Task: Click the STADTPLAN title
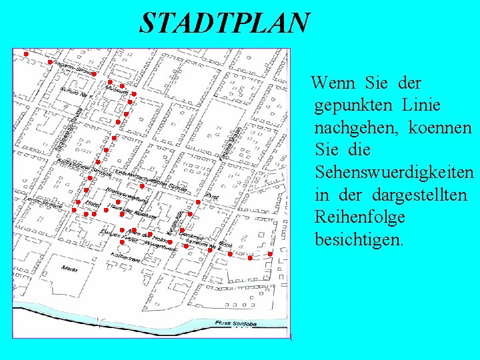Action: pyautogui.click(x=225, y=23)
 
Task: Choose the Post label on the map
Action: pyautogui.click(x=213, y=197)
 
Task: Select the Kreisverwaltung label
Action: pyautogui.click(x=122, y=192)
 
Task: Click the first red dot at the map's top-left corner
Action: pyautogui.click(x=25, y=53)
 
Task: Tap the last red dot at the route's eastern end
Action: pyautogui.click(x=270, y=255)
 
